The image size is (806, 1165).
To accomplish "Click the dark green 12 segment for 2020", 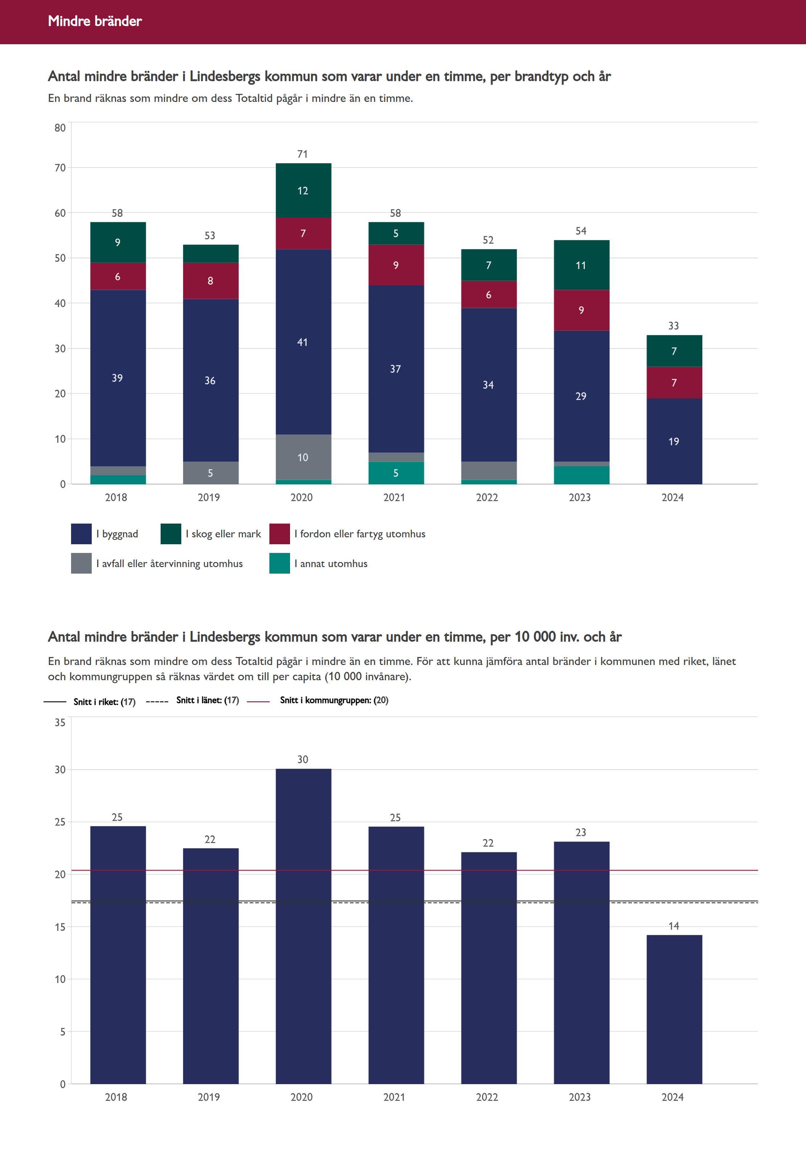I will coord(303,190).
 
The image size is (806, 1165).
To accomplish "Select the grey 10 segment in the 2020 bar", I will coord(303,457).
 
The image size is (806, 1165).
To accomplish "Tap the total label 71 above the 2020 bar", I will coord(302,154).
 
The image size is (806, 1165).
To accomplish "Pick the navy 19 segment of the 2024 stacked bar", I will coord(674,441).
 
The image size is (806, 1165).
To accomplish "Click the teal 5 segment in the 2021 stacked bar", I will coord(396,473).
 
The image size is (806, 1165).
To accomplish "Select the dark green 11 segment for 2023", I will coord(581,265).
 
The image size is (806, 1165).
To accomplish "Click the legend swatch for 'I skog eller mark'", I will coord(171,534).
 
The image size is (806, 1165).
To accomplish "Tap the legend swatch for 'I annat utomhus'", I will coord(279,563).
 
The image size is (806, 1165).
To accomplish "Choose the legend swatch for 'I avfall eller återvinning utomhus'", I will coord(81,563).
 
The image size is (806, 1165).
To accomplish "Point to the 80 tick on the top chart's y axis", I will coord(60,128).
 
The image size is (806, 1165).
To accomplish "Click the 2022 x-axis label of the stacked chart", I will coord(487,497).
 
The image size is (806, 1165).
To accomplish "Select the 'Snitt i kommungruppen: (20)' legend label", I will coord(334,700).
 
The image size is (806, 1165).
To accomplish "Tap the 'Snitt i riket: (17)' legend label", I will coord(104,701).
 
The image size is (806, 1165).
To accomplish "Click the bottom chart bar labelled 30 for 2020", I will coord(303,924).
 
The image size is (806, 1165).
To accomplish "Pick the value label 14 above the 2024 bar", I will coord(674,926).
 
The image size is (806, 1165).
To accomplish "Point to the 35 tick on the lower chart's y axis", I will coord(60,722).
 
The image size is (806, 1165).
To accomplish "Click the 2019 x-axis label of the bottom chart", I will coord(208,1097).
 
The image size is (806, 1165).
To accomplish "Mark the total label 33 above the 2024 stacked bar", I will coord(674,326).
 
